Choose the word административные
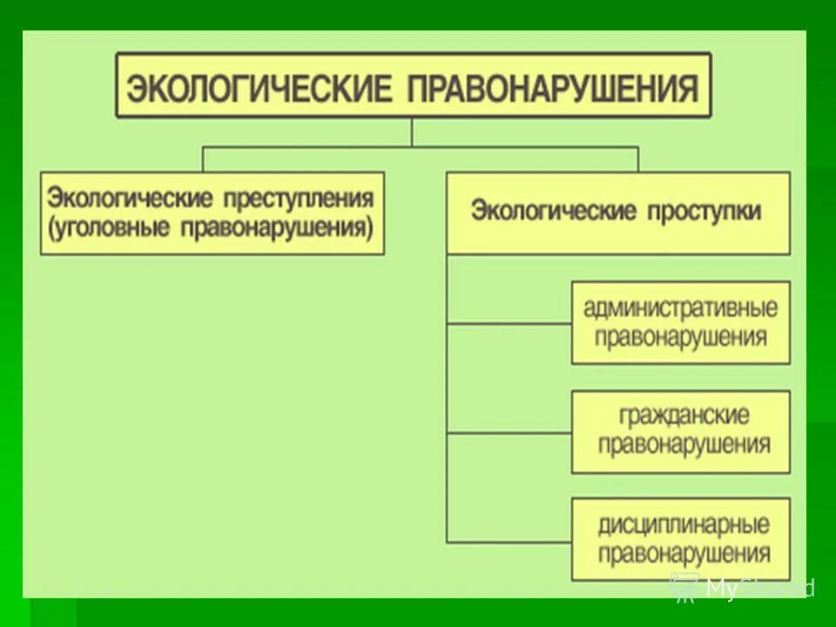(680, 308)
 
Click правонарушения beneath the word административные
(681, 337)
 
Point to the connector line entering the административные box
(509, 324)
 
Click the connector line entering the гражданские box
(509, 433)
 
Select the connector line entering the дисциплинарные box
(509, 541)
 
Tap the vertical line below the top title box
(413, 132)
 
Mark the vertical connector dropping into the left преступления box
(203, 158)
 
